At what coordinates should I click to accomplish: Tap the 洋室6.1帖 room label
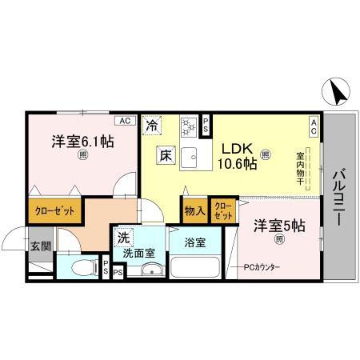(x=82, y=142)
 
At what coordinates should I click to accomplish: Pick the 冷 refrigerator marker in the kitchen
(x=151, y=125)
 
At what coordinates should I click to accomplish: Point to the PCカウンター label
(x=258, y=266)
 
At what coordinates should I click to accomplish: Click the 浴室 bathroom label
(x=195, y=242)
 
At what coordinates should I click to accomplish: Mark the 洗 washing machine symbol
(x=123, y=238)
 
